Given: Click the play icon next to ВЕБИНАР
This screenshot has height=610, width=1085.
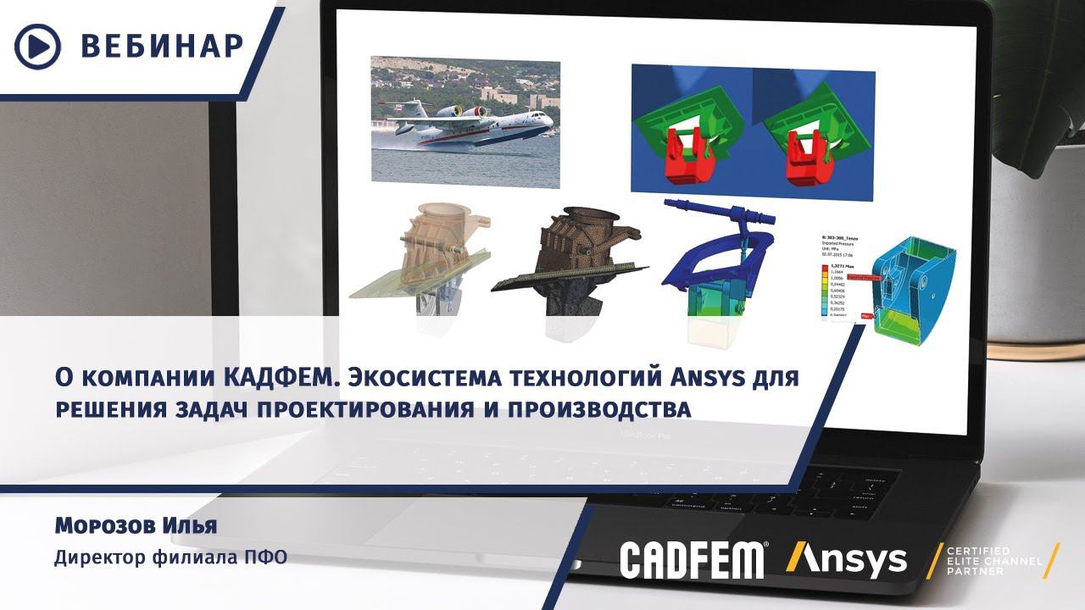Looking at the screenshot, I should coord(38,46).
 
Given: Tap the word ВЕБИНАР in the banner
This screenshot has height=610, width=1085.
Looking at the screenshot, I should coord(162,46).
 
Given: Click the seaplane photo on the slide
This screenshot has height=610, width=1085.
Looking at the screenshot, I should coord(465,121).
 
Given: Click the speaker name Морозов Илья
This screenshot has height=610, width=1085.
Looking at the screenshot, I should coord(136,526).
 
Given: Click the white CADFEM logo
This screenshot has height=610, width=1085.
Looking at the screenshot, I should coord(693,559).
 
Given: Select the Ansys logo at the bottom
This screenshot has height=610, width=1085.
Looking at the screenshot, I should coord(847,559).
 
